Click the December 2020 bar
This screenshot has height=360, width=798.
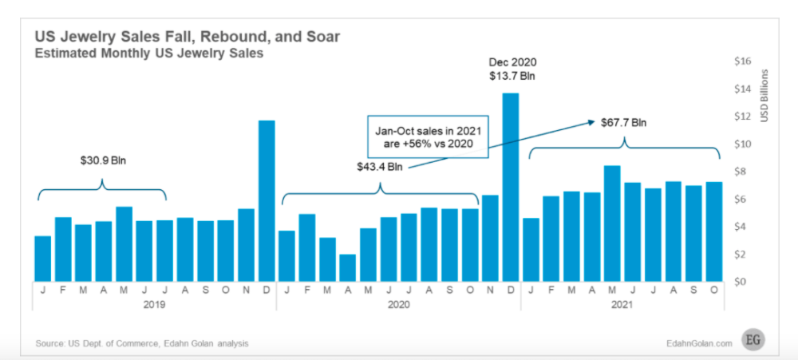click(x=510, y=187)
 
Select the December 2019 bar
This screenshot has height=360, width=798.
click(x=267, y=200)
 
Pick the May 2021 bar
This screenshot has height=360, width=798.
click(x=612, y=223)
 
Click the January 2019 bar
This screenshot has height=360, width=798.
click(x=42, y=258)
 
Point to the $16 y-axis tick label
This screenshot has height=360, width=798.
click(x=742, y=61)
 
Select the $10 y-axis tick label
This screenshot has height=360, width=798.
click(x=742, y=144)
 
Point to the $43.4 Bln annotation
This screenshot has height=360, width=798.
click(x=379, y=168)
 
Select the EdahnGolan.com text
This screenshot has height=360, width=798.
click(x=696, y=343)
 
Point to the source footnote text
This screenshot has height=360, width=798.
click(x=143, y=343)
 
